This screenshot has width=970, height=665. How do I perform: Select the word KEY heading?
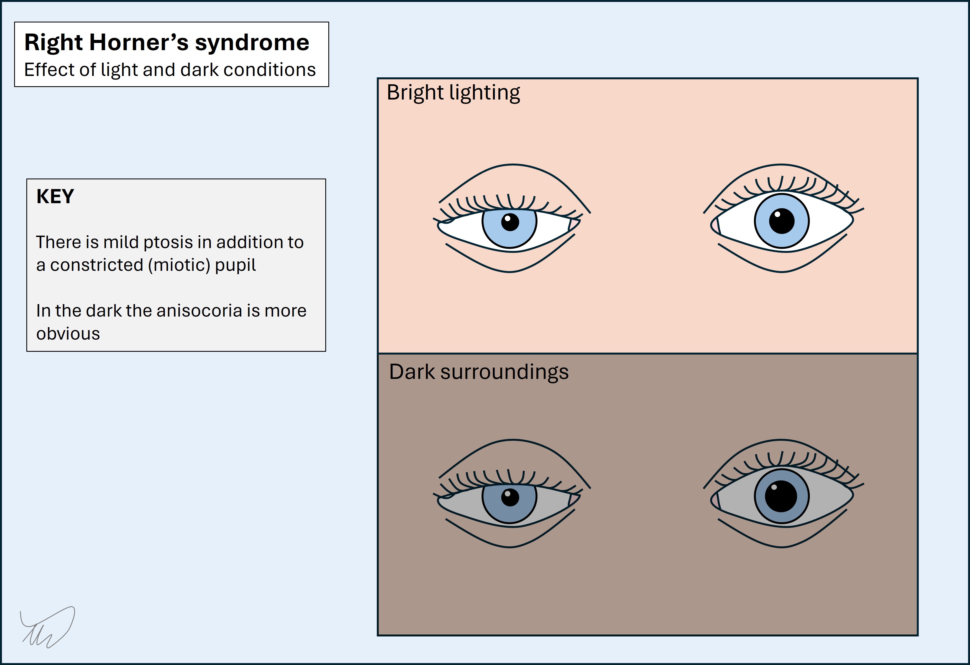(55, 196)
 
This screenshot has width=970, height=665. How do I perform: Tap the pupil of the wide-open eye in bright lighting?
(781, 221)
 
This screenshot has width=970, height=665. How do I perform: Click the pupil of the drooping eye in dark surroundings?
(510, 497)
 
